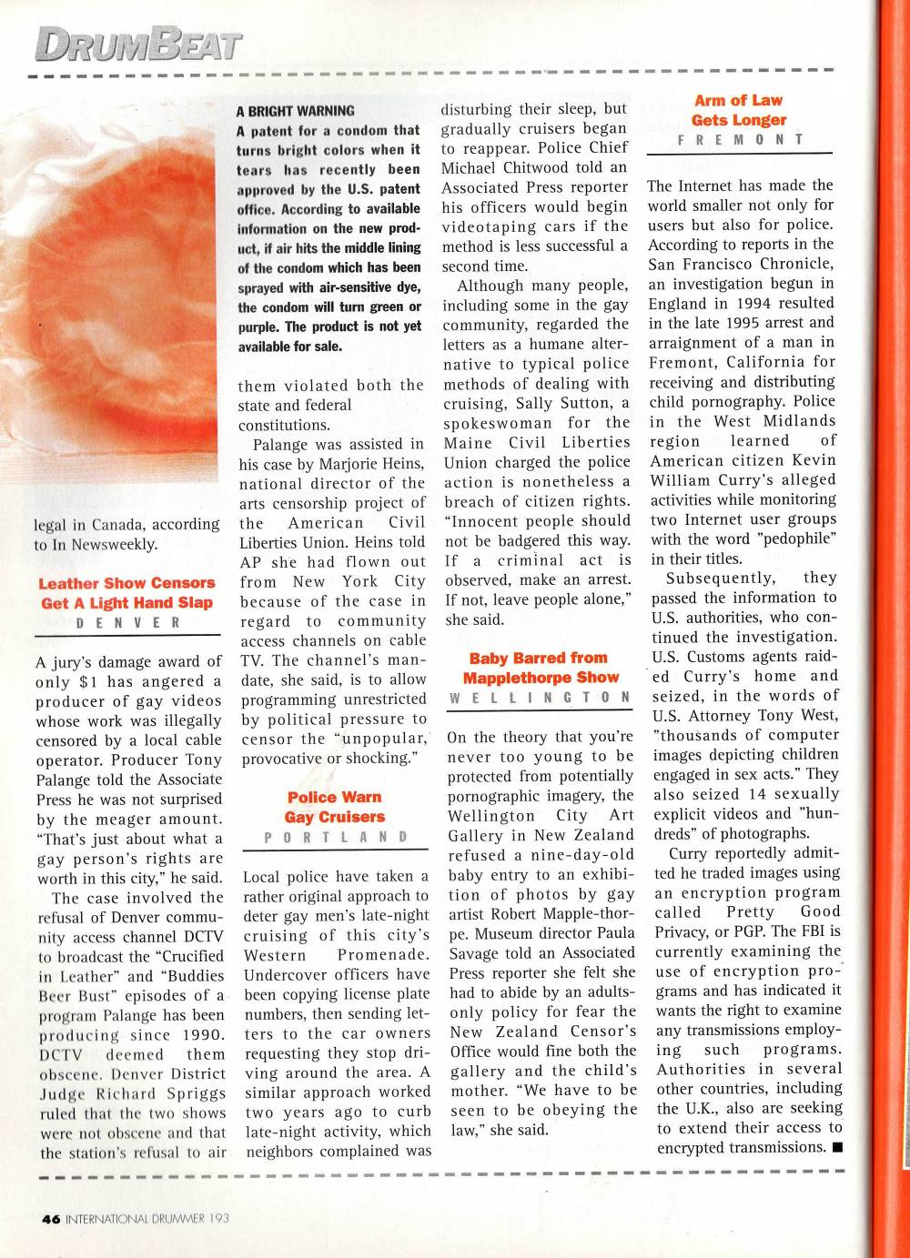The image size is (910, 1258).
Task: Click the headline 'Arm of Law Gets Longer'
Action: tap(738, 110)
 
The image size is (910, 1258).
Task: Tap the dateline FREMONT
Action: tap(738, 140)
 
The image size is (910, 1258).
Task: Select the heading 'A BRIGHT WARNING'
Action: tap(296, 111)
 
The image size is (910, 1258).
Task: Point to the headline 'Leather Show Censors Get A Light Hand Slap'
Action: tap(127, 592)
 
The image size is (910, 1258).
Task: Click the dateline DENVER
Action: tap(127, 623)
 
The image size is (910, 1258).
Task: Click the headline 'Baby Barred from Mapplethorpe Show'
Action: tap(541, 668)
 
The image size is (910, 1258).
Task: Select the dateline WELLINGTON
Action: tap(541, 698)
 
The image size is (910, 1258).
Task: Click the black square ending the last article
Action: tap(837, 1147)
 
